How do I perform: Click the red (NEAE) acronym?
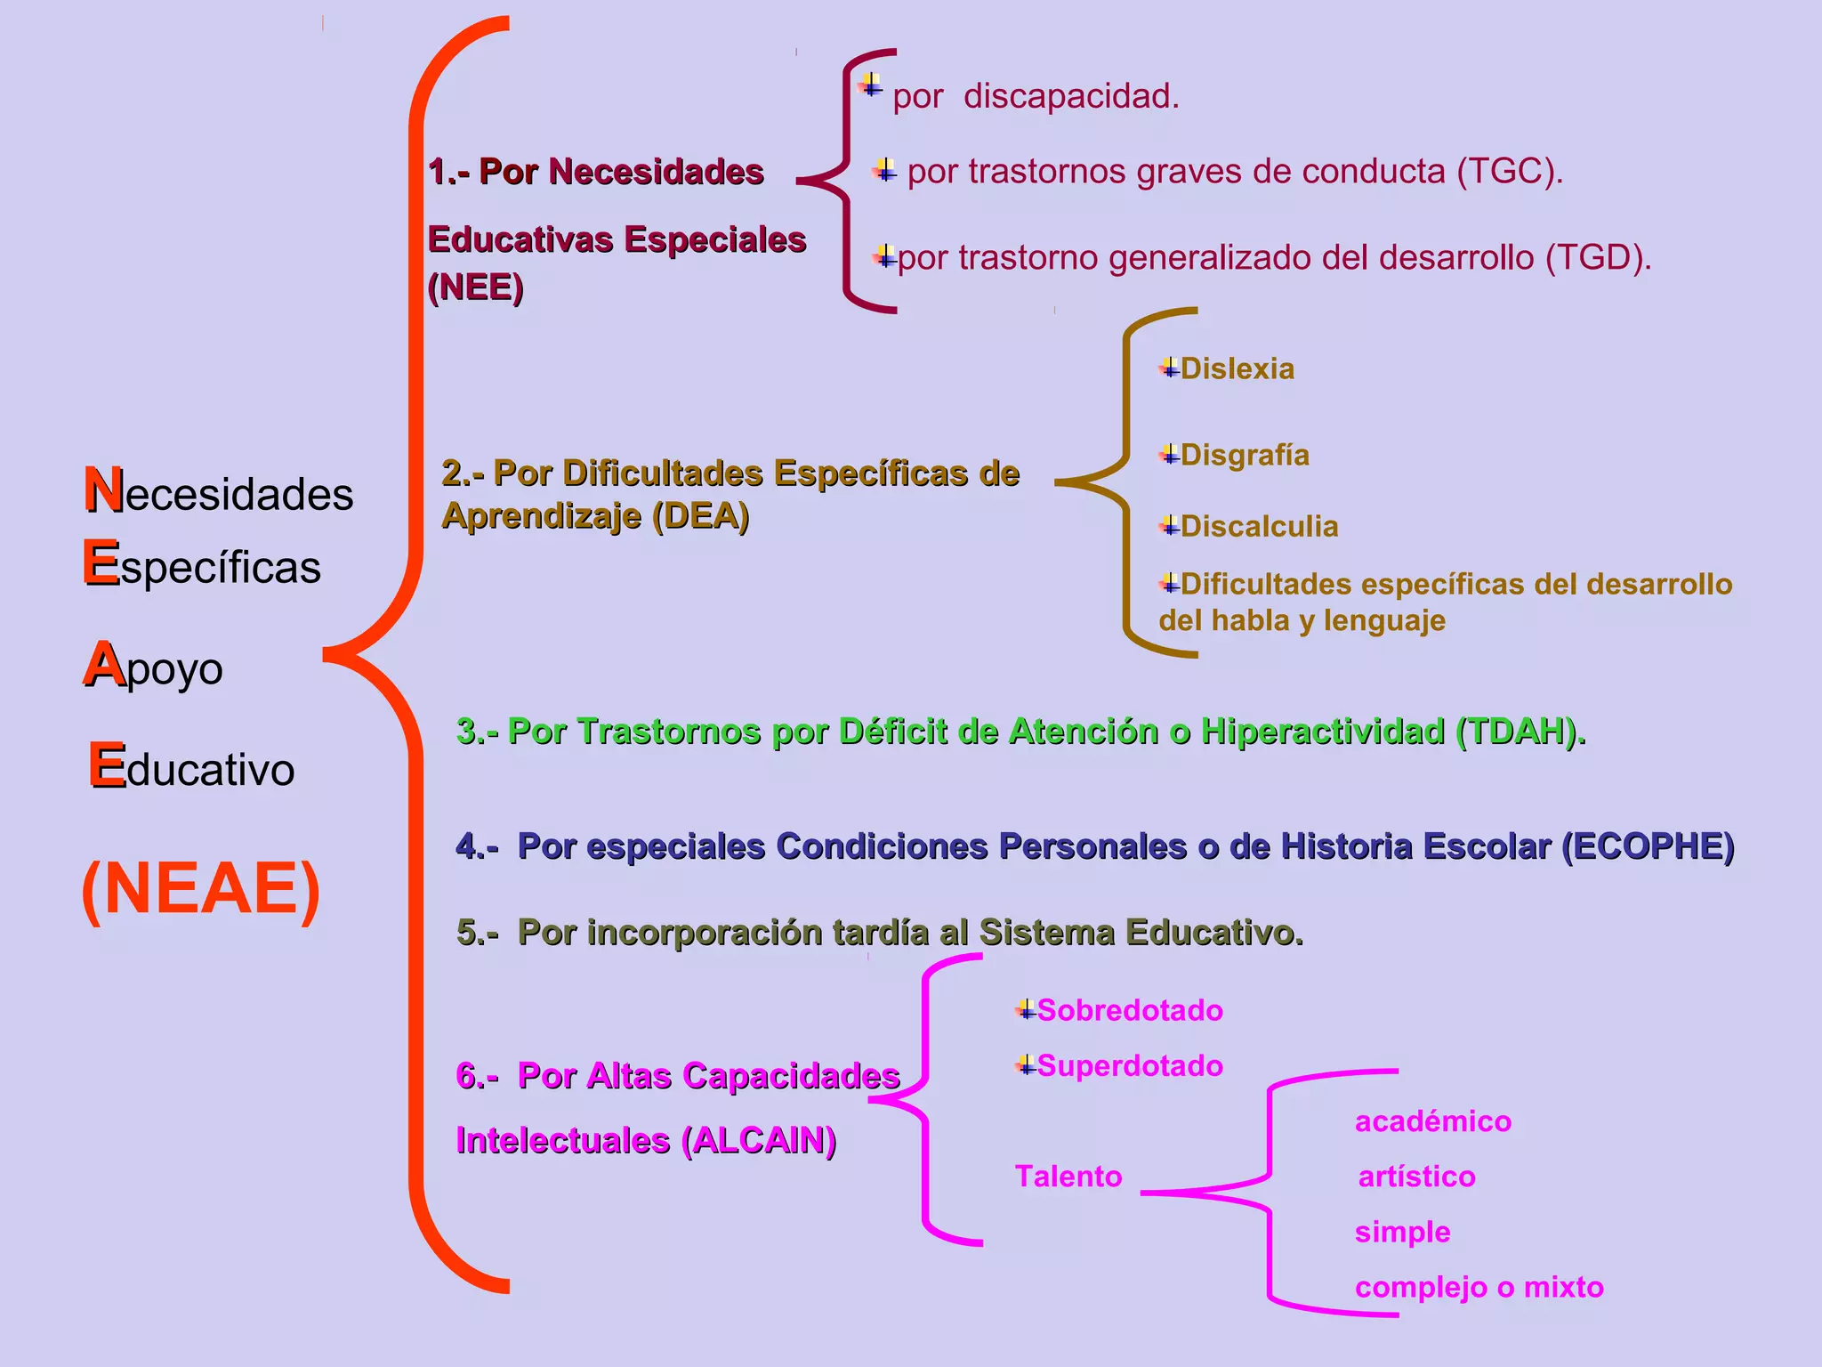click(201, 888)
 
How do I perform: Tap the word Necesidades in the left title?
click(219, 492)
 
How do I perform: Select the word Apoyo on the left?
click(154, 667)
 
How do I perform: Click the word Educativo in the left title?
click(192, 767)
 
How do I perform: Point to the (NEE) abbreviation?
click(475, 287)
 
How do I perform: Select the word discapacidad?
click(1071, 96)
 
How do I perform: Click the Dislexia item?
click(1238, 368)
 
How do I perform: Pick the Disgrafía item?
click(1245, 455)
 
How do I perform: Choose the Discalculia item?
click(1259, 526)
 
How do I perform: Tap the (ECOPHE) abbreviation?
click(1648, 845)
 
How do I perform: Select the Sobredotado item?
click(1130, 1010)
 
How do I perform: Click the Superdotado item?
click(1130, 1065)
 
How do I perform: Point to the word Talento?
click(1068, 1177)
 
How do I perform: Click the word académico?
click(1432, 1121)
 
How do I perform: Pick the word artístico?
click(1416, 1177)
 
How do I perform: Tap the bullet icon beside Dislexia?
click(1169, 368)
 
